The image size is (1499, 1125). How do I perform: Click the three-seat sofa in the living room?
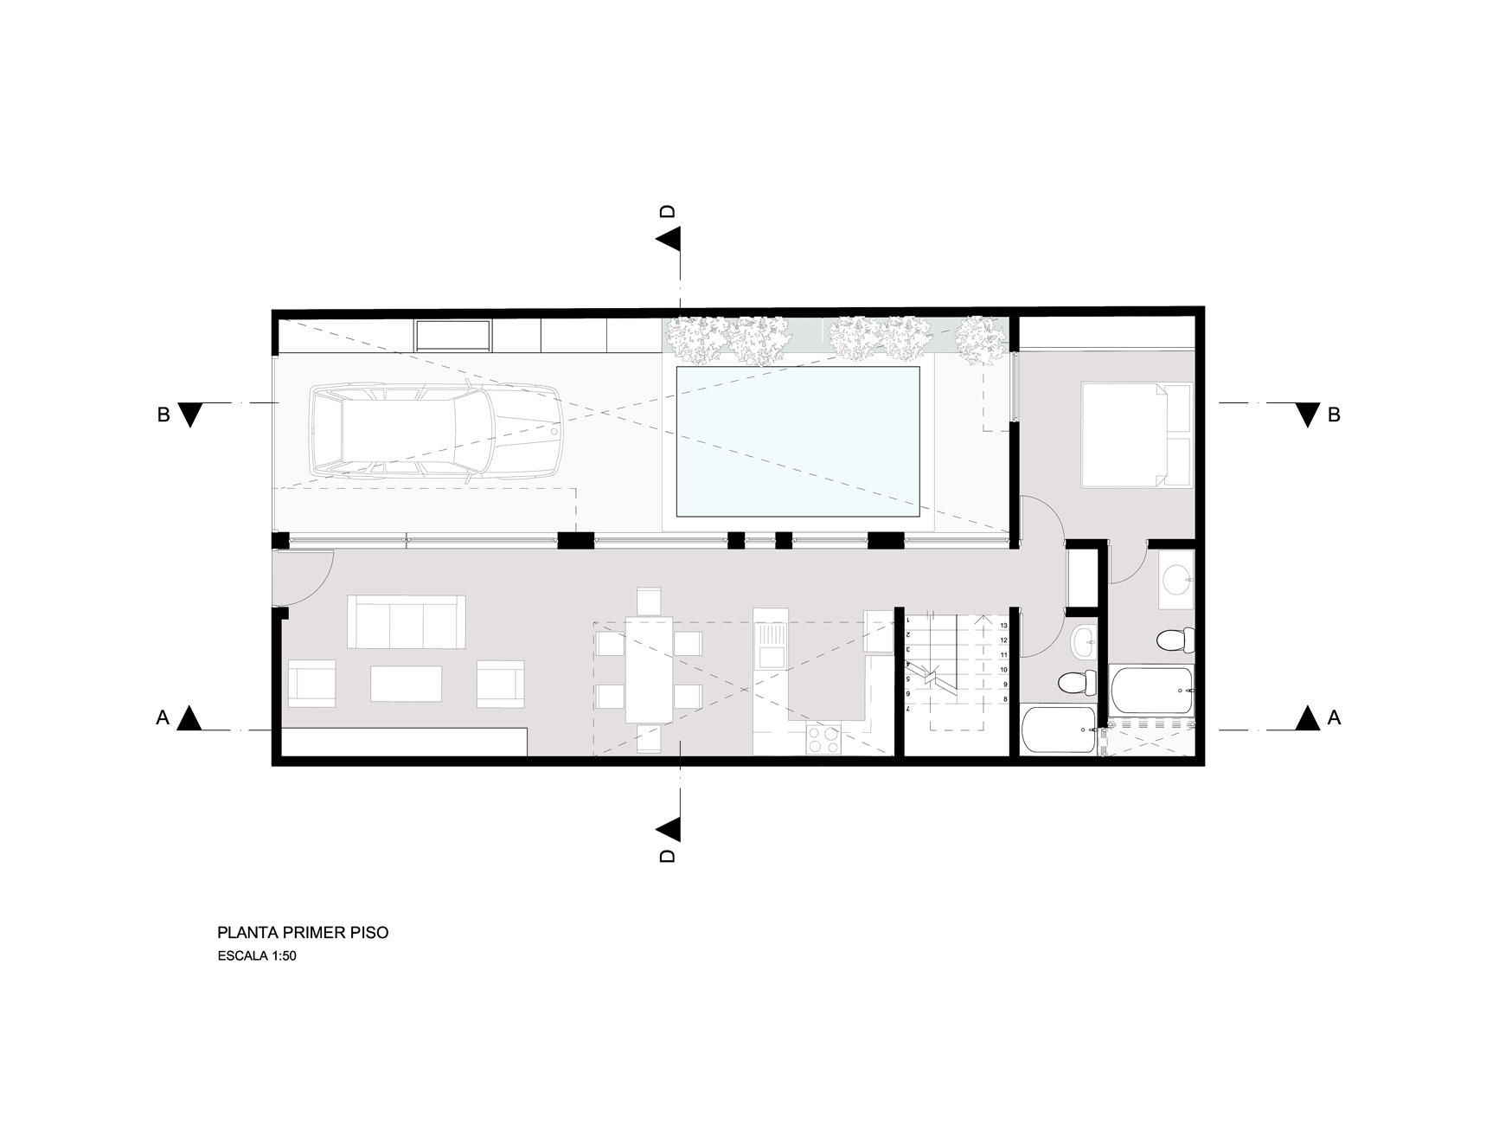point(406,621)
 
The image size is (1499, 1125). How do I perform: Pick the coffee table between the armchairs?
point(406,683)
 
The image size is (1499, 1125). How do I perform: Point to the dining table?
point(649,669)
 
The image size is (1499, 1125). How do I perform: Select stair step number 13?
point(1003,626)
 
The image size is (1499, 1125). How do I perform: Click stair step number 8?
point(1004,698)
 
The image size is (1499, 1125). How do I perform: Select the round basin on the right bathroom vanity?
point(1176,578)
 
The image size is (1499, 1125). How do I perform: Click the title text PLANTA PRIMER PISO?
point(303,933)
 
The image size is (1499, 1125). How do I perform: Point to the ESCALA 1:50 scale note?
point(257,957)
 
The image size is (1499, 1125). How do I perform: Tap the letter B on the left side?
point(163,415)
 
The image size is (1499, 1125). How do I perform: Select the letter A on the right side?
point(1334,718)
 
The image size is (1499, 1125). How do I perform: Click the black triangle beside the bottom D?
point(669,830)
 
